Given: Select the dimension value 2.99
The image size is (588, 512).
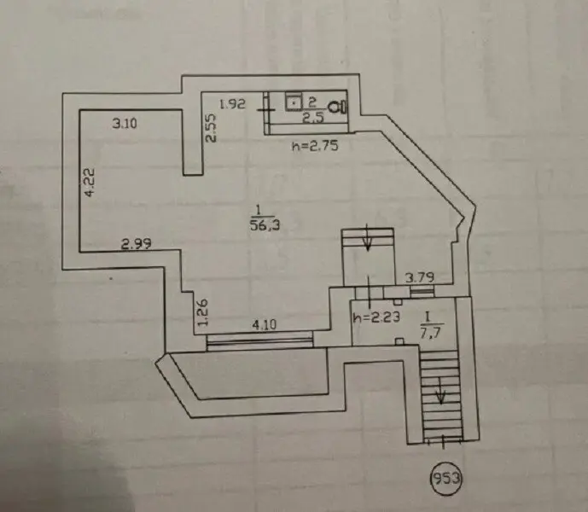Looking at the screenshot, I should click(x=136, y=243).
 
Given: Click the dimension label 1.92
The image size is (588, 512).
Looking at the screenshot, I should click(x=232, y=104).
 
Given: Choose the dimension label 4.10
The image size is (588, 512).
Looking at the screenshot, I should click(x=262, y=324).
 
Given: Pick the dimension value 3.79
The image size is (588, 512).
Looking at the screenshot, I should click(x=421, y=277).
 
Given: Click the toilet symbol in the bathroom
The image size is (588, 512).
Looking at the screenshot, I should click(x=341, y=106).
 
